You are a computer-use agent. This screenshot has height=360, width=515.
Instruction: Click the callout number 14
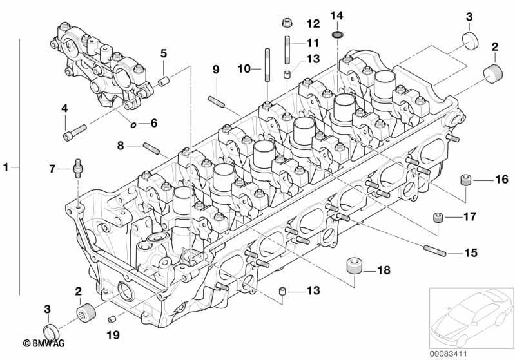click(336, 15)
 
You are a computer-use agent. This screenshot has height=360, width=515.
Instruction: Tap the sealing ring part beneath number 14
click(337, 34)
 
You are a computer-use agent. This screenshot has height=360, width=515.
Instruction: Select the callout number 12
click(313, 24)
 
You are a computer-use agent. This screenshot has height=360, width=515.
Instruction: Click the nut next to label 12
click(287, 23)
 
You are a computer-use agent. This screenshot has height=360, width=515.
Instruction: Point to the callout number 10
click(244, 69)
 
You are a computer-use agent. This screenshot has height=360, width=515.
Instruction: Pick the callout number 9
click(215, 70)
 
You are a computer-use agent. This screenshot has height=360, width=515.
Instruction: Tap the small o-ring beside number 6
click(133, 125)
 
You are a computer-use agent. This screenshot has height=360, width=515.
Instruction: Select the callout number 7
click(52, 169)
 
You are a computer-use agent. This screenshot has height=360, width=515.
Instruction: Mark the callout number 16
click(501, 180)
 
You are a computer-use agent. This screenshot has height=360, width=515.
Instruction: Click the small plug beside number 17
click(438, 217)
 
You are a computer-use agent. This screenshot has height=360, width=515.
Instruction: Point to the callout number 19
click(113, 335)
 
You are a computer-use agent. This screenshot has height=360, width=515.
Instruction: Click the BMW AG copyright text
click(44, 343)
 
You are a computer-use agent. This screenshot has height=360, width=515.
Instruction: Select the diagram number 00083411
click(449, 354)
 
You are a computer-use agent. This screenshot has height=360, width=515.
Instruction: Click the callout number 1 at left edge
click(6, 167)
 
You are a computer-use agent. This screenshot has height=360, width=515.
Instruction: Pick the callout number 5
click(164, 53)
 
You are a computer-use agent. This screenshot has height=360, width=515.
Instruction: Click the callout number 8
click(121, 146)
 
